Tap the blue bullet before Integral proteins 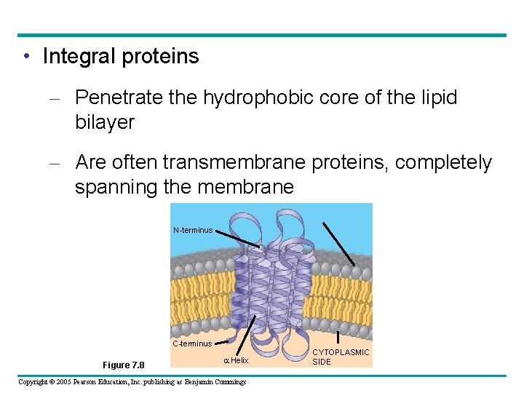pos(26,57)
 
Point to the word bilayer pos(105,122)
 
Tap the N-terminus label pos(193,230)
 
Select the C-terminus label pos(192,344)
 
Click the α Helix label pos(236,360)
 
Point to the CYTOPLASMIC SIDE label pos(341,357)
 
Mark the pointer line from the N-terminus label pos(236,239)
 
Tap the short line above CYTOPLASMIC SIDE pos(338,337)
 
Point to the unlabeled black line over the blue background pos(339,243)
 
